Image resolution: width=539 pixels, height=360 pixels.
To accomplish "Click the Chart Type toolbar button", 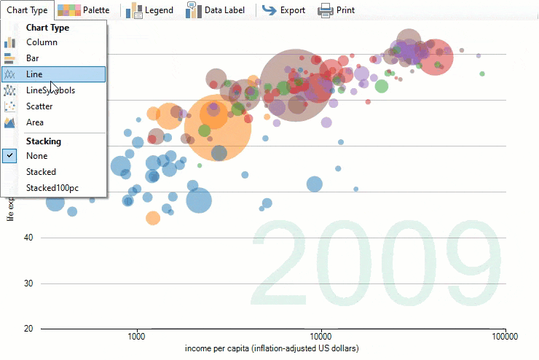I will pyautogui.click(x=27, y=10).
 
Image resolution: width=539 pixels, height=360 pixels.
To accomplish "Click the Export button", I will pyautogui.click(x=283, y=10).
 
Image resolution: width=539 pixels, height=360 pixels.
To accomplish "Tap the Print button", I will pyautogui.click(x=337, y=10).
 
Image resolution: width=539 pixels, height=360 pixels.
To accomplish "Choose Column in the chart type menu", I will pyautogui.click(x=42, y=42).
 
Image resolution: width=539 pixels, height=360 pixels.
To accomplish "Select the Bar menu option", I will pyautogui.click(x=33, y=58).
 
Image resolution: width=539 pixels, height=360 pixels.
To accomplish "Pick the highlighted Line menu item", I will pyautogui.click(x=34, y=74).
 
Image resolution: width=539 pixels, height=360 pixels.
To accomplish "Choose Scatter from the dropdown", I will pyautogui.click(x=39, y=106).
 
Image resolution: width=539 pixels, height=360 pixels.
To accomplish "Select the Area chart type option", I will pyautogui.click(x=35, y=122).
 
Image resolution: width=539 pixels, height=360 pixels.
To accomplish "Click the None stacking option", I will pyautogui.click(x=36, y=156).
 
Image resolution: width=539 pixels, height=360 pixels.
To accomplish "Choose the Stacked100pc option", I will pyautogui.click(x=52, y=188).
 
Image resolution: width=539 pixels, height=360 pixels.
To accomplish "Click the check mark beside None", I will pyautogui.click(x=10, y=156).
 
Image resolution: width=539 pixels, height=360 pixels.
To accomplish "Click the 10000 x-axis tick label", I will pyautogui.click(x=320, y=337).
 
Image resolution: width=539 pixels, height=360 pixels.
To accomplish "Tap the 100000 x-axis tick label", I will pyautogui.click(x=504, y=337).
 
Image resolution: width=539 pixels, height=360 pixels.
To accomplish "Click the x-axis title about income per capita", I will pyautogui.click(x=272, y=349).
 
